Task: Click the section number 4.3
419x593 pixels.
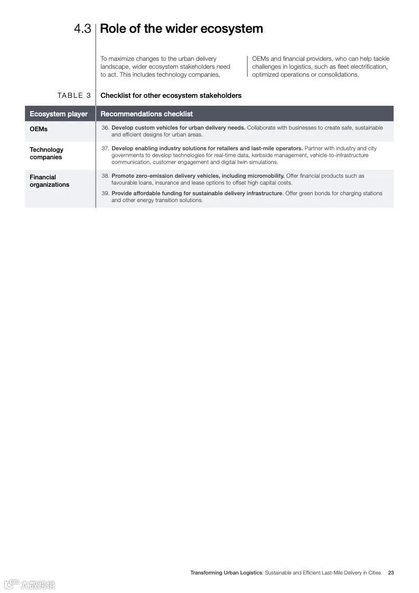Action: [x=82, y=29]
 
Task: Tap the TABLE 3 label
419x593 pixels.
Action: [x=74, y=96]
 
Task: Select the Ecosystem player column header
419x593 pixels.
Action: [x=59, y=114]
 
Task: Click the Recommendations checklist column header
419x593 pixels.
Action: [x=146, y=114]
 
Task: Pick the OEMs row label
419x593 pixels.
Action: [x=39, y=129]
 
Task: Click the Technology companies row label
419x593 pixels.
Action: [x=46, y=153]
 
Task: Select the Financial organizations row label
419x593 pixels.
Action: [x=49, y=181]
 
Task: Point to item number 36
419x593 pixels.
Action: [x=106, y=128]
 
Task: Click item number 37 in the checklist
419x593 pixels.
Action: [x=106, y=149]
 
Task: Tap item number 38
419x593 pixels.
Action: [x=106, y=176]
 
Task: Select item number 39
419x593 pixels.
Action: [x=106, y=194]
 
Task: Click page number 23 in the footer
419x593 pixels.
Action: [x=391, y=572]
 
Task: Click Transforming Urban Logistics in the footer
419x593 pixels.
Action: [x=226, y=572]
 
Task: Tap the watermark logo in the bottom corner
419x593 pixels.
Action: [x=29, y=585]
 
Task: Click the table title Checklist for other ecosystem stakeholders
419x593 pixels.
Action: [x=171, y=96]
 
